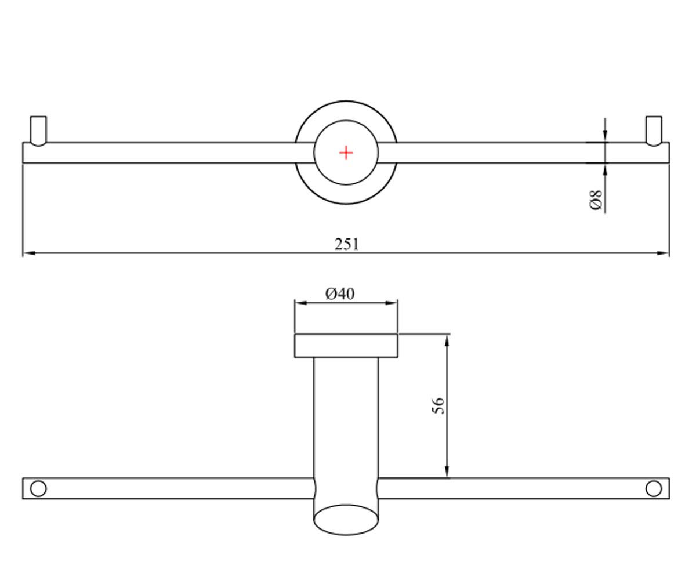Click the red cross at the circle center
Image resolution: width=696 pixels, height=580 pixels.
click(346, 153)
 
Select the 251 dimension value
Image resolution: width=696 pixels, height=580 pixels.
click(347, 244)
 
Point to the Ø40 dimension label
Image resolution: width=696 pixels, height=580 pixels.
click(340, 294)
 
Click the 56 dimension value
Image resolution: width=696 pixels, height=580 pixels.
click(438, 405)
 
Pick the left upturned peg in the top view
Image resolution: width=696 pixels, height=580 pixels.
click(38, 131)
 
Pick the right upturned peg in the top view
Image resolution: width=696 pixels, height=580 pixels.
click(654, 131)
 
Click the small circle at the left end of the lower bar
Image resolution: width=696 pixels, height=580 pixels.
click(38, 489)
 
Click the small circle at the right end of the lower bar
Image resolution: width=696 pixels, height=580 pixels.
click(654, 489)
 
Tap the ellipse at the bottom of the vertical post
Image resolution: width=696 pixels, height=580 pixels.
click(346, 520)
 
